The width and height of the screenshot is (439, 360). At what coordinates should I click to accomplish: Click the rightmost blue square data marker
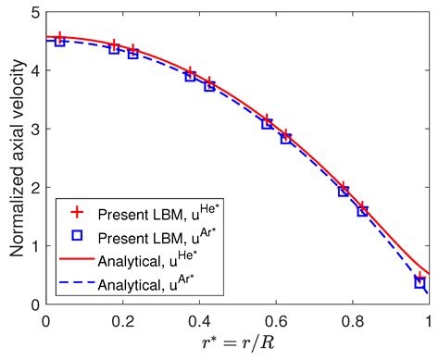pyautogui.click(x=420, y=282)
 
